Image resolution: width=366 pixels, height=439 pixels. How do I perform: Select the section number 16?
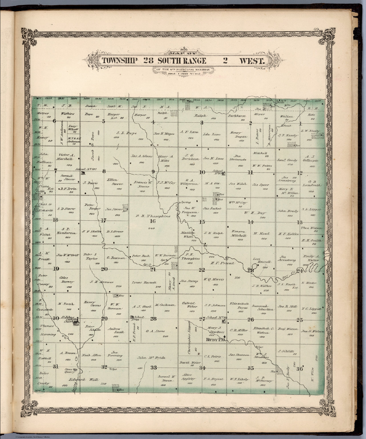tap(153, 221)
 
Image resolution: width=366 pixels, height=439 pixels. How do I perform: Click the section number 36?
tap(299, 368)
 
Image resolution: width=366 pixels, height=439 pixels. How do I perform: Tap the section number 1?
tap(300, 124)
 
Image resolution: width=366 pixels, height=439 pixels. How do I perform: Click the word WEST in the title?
tap(252, 61)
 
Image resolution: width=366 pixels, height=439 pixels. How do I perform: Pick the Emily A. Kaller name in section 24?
tap(313, 258)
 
